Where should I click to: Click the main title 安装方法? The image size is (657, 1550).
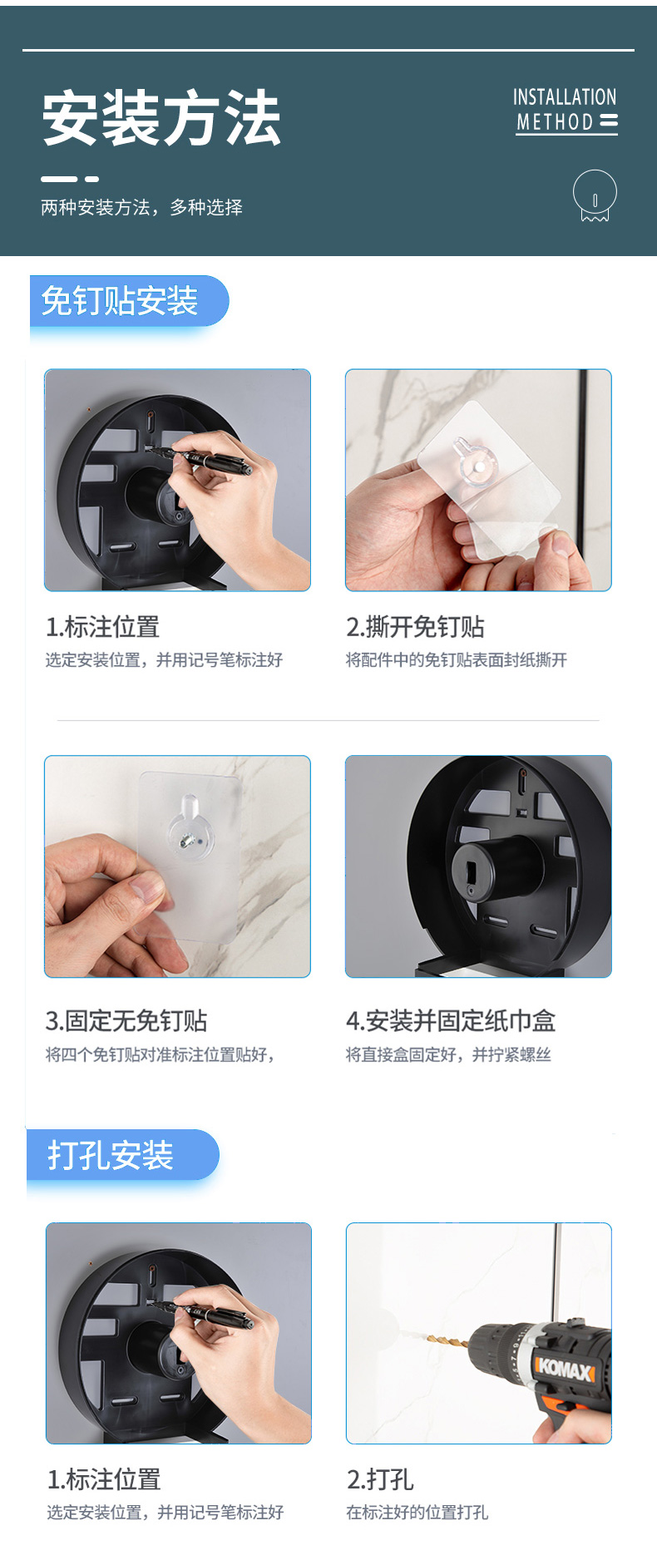161,118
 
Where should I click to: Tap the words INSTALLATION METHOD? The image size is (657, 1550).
566,111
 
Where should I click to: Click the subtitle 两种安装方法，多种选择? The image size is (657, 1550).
141,207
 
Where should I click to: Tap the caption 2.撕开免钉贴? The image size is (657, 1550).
415,627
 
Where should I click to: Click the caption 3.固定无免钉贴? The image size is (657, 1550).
126,1020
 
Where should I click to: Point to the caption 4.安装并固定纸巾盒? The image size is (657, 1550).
451,1020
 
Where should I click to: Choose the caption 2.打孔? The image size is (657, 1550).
380,1479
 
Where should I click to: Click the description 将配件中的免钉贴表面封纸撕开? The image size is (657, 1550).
457,660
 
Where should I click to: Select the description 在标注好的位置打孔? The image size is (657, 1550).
417,1513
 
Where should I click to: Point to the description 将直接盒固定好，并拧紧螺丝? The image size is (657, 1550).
448,1054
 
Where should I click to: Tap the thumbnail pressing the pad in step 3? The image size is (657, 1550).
147,890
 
